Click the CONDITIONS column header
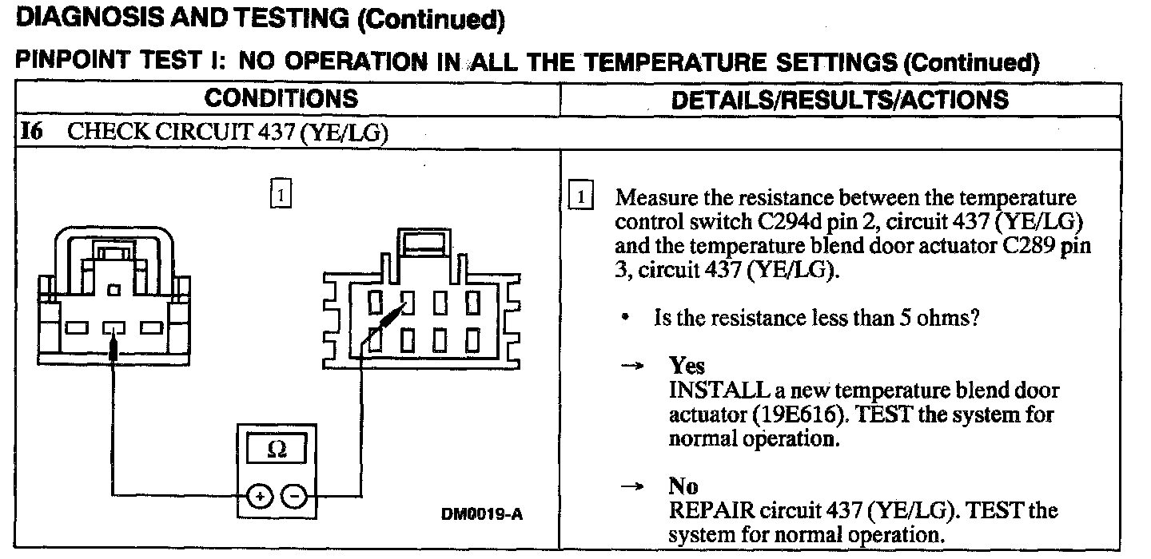click(x=281, y=99)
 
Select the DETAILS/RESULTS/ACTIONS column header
click(x=839, y=100)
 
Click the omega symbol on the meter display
click(x=277, y=450)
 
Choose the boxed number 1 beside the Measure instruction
click(x=581, y=197)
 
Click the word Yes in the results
click(x=687, y=366)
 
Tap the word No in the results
click(x=683, y=486)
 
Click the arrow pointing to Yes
click(x=632, y=367)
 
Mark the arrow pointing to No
click(x=632, y=486)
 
